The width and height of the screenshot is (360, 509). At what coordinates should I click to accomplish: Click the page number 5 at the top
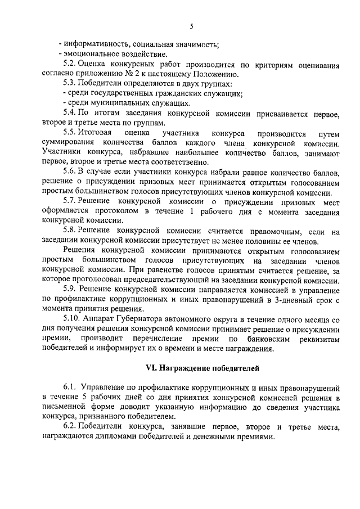tap(191, 26)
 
